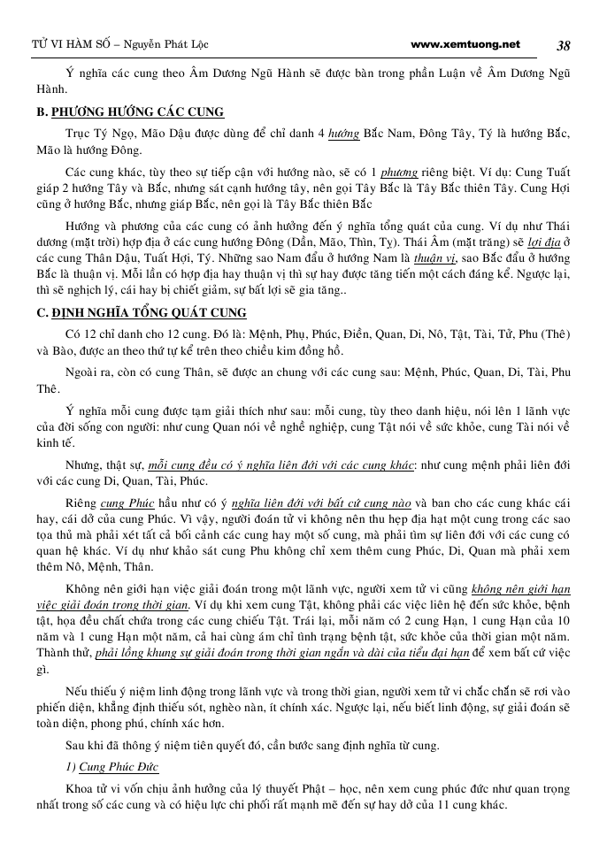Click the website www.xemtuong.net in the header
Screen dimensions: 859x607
pyautogui.click(x=466, y=44)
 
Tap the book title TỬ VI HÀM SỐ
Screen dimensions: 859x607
pyautogui.click(x=58, y=44)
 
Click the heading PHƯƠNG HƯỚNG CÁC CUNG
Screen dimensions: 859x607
pyautogui.click(x=137, y=112)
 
